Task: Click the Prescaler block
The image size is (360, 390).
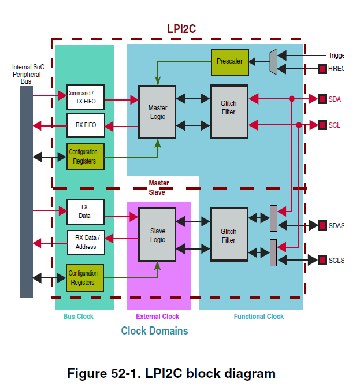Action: coord(229,61)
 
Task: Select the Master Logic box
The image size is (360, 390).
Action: coord(157,112)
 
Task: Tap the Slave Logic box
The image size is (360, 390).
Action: coord(157,235)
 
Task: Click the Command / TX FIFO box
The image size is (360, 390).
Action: coord(86,97)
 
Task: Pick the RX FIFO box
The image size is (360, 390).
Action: coord(86,125)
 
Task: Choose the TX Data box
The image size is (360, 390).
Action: coord(86,211)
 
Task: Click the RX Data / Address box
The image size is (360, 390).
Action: coord(86,243)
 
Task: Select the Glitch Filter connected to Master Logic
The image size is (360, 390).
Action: coord(229,112)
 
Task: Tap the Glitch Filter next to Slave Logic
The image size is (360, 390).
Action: coord(229,235)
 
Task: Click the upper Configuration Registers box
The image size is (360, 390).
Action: coord(86,157)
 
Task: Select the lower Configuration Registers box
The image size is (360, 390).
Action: coord(86,278)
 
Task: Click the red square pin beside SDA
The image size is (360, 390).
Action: coord(322,99)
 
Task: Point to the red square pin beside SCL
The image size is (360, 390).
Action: coord(322,125)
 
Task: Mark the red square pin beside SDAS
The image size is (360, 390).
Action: coord(322,225)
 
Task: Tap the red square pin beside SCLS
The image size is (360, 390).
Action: coord(322,260)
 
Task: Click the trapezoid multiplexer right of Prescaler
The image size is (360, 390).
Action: coord(273,61)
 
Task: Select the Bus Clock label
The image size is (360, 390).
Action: coord(78,317)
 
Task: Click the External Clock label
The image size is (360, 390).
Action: coord(157,317)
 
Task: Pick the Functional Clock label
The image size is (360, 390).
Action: coord(258,317)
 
